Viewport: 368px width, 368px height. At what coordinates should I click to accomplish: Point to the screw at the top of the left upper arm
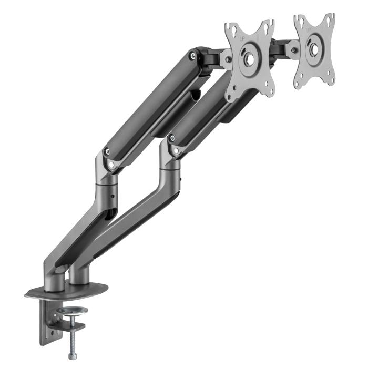(x=196, y=53)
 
